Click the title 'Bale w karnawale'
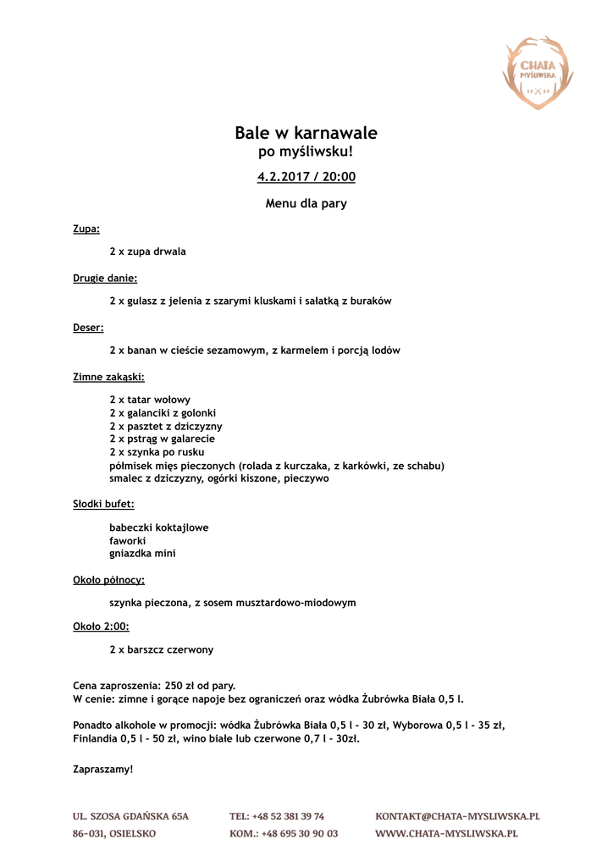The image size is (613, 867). (x=306, y=133)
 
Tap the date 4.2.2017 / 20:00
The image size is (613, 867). (x=306, y=177)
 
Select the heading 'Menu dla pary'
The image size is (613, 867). (x=306, y=203)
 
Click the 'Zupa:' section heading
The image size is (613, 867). (x=86, y=229)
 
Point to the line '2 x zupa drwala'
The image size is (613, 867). (x=147, y=251)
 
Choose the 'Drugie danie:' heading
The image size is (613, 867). (x=105, y=278)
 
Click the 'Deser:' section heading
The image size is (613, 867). (x=88, y=327)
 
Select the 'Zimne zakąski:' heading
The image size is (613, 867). (x=108, y=377)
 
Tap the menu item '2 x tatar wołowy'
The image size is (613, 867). (x=150, y=400)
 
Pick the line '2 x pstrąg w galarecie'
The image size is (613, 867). (x=162, y=439)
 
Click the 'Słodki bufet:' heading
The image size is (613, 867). (x=103, y=504)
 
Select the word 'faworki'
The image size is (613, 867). (x=128, y=540)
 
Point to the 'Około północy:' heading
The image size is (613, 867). (x=108, y=580)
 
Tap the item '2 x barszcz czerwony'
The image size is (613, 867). (x=161, y=649)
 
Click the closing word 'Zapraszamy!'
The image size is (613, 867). (x=103, y=769)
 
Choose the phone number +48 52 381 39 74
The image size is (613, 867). (x=277, y=816)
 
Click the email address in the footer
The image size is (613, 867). (x=457, y=816)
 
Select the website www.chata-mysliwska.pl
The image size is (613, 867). (x=446, y=834)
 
